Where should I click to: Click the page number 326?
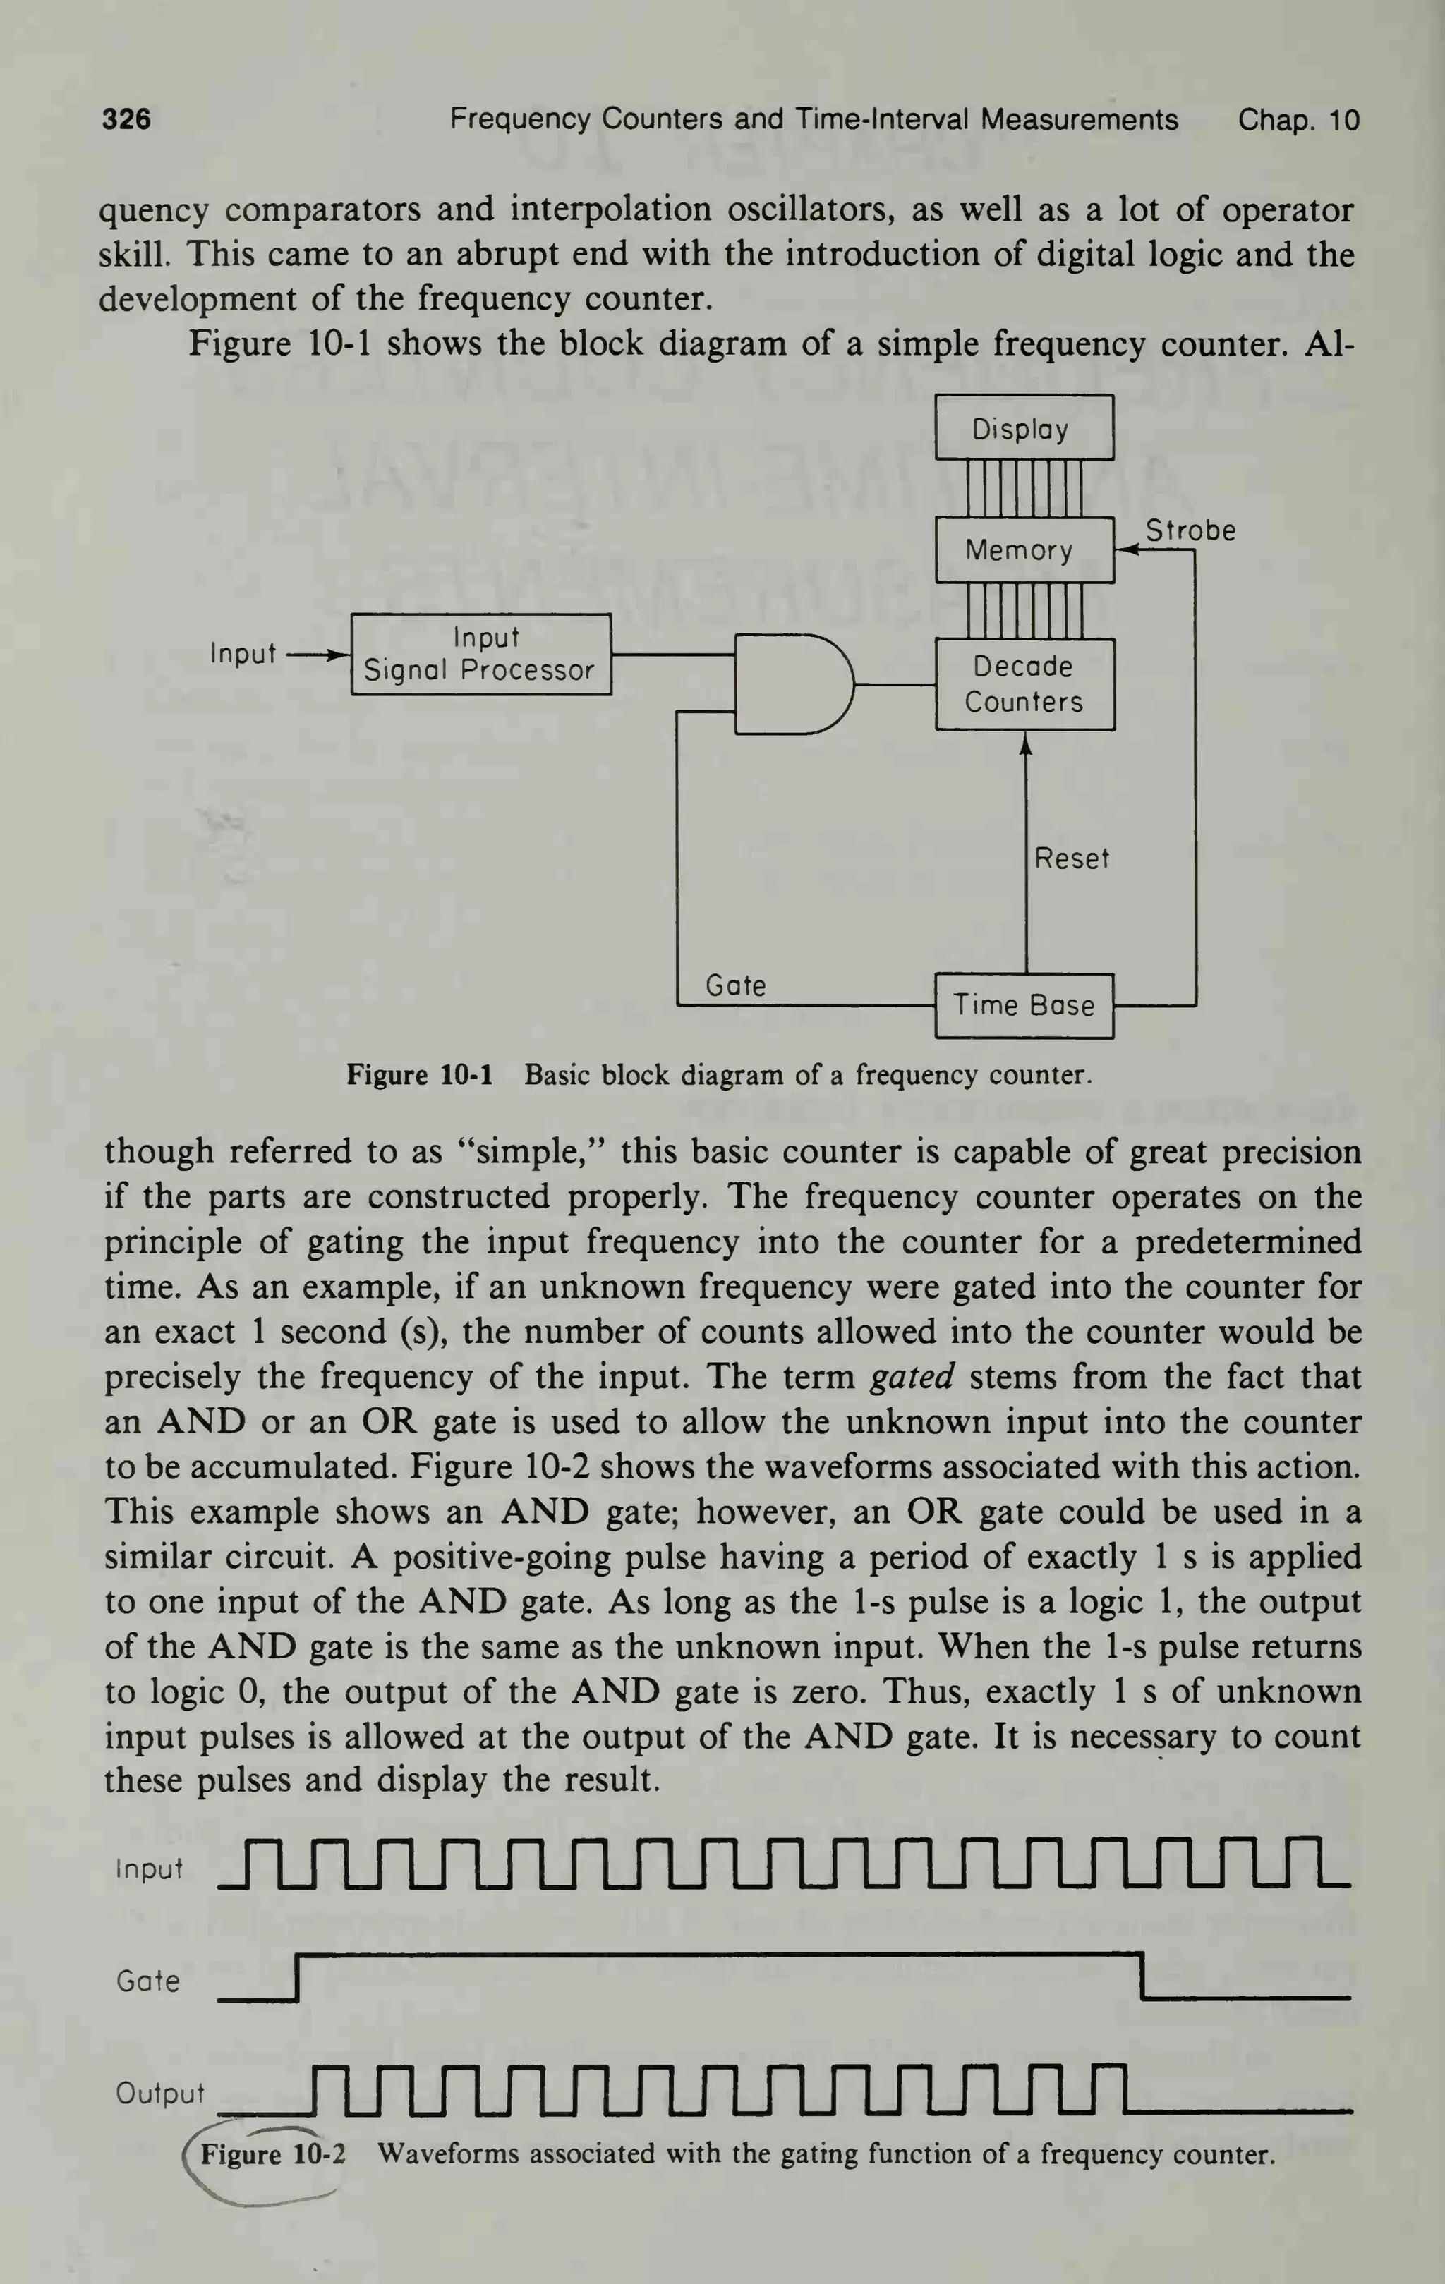pos(126,119)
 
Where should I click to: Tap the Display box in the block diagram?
pos(1024,429)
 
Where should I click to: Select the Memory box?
pos(1024,550)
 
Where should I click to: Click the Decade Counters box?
pos(1024,684)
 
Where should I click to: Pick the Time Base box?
pos(1024,1005)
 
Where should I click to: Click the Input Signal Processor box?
pos(481,655)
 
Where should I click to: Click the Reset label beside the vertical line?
pos(1071,858)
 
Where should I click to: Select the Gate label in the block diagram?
pos(735,986)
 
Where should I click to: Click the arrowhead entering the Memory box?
pos(1125,550)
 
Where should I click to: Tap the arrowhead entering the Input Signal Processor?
pos(339,655)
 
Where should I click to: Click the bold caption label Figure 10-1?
pos(419,1075)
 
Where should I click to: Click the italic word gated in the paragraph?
pos(912,1376)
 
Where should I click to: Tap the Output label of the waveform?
pos(159,2094)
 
